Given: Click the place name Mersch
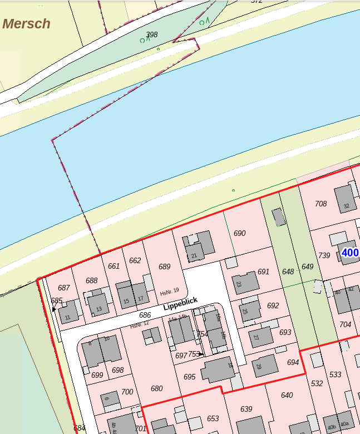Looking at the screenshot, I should pos(26,24).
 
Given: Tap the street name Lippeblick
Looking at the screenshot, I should pos(180,303).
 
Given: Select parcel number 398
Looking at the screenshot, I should pos(151,34).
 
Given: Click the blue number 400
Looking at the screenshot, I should pos(350,253).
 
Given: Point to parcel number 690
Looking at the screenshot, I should pos(239,233).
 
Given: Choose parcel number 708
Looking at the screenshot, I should pos(321,204).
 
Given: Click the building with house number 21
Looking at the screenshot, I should pos(200,245).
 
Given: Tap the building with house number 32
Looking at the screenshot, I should pos(345,199).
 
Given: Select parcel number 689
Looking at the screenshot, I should pos(164,267).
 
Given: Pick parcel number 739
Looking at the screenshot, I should pos(324,255).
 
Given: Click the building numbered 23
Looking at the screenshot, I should pos(245,283).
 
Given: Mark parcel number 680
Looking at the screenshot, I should pos(156,388).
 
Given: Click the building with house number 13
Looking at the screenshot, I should pos(98,304).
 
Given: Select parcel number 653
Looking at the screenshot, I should pos(213,418).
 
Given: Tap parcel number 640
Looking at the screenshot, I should pos(287,395).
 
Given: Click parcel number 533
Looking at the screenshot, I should pos(335,374).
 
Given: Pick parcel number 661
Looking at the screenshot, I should pos(114,266).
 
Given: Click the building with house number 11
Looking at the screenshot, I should pos(68,312).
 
